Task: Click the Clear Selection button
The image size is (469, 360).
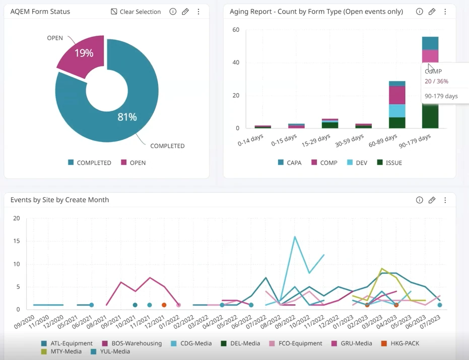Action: pos(136,12)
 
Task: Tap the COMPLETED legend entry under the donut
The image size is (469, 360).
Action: pos(90,163)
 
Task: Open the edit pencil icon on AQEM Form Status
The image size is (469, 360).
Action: pos(185,12)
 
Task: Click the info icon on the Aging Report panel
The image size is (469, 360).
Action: pos(419,12)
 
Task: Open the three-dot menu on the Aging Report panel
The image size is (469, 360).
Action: pos(445,12)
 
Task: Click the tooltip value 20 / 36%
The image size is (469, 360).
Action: pos(436,81)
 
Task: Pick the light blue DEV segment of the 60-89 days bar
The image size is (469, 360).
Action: pos(397,111)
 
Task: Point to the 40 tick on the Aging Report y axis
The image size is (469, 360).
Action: pos(236,62)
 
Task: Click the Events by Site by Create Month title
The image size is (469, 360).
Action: pos(59,200)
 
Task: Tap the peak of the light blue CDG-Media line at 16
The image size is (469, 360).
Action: pos(295,237)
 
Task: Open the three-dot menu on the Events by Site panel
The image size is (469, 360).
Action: pos(445,200)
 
